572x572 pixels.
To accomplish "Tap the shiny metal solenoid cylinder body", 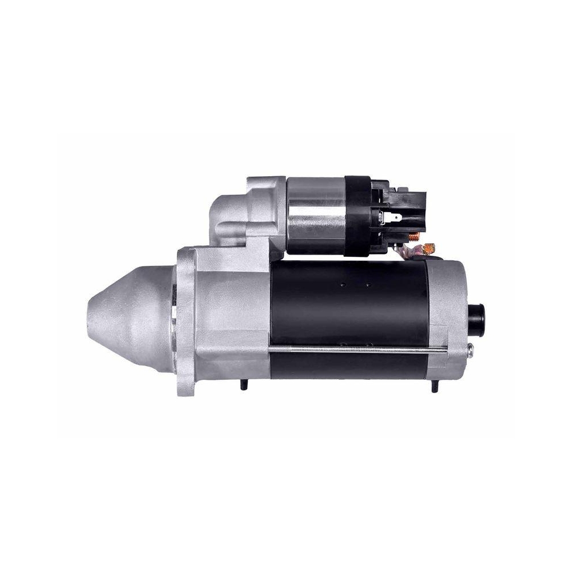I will click(316, 216).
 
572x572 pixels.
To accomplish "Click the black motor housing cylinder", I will click(349, 303).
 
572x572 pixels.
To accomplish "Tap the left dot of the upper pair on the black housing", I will click(341, 284).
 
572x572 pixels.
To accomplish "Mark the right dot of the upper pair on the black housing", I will click(368, 284).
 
